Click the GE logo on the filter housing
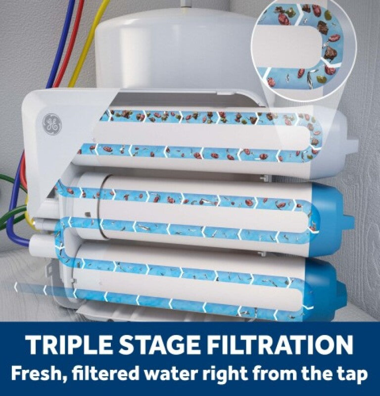[52, 124]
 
